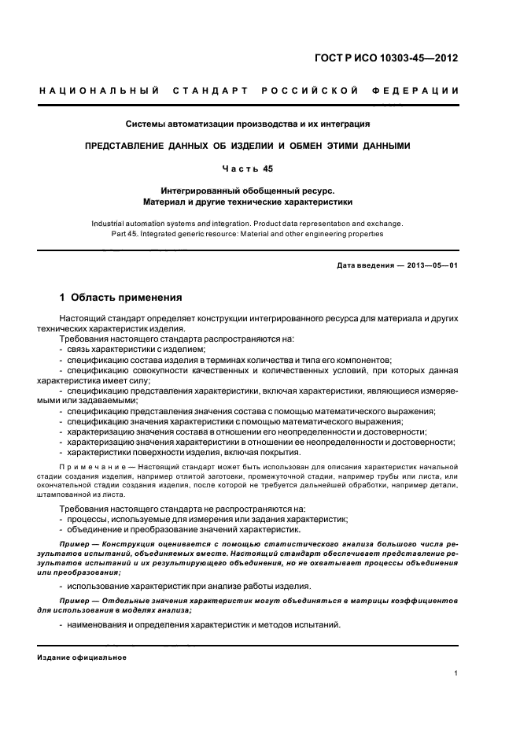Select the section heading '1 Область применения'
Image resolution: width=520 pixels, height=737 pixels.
click(122, 298)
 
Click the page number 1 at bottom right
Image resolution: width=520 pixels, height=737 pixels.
click(456, 672)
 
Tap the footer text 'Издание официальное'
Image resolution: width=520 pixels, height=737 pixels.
click(82, 657)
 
